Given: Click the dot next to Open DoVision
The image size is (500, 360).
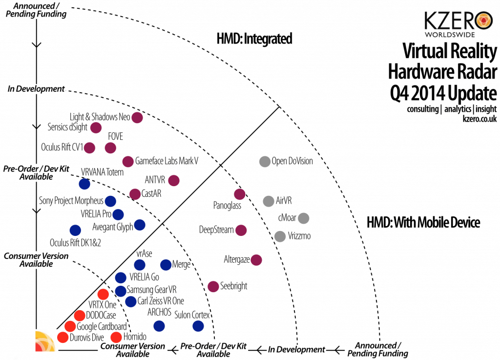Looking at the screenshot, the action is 265,162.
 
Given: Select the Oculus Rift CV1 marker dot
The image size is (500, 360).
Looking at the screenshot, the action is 89,148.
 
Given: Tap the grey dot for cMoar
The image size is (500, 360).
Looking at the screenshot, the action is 303,218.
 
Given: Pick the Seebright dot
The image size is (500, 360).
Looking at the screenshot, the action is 213,286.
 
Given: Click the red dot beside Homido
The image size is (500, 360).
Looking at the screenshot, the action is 116,337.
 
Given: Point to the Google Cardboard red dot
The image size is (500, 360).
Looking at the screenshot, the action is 70,326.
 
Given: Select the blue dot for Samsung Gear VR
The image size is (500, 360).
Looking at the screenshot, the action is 121,291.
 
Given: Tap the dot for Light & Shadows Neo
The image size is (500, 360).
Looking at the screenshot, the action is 137,117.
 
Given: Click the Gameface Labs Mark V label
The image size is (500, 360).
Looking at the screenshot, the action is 167,161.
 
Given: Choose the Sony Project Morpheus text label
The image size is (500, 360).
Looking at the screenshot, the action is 71,201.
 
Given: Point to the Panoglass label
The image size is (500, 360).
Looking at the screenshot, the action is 227,205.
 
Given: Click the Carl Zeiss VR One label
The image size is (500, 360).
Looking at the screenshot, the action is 161,301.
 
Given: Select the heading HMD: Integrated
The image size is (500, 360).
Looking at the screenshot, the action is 254,39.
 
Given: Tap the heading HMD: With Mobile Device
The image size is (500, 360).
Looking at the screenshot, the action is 423,222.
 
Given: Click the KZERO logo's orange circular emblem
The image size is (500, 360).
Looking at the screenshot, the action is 484,21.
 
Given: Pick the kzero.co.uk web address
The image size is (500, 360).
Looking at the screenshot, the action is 479,119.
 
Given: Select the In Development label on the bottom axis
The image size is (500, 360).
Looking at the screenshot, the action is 296,349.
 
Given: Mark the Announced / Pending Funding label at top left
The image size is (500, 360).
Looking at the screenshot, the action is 36,10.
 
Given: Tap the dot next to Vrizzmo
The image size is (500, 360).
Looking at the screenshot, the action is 280,236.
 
